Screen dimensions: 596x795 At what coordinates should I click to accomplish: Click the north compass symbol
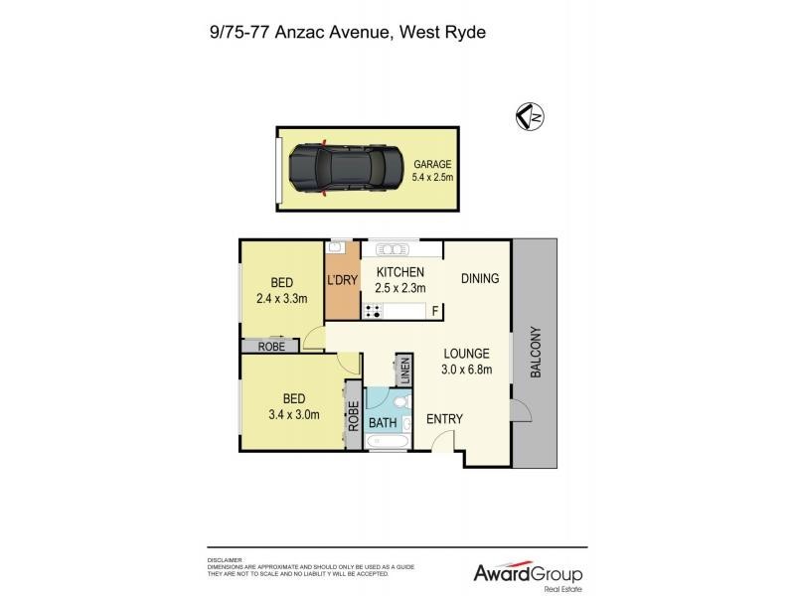click(533, 116)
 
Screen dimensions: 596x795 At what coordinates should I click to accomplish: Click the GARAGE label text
click(432, 164)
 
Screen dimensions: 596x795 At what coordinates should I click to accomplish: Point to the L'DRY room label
click(342, 280)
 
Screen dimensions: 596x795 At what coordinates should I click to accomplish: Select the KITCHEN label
click(399, 272)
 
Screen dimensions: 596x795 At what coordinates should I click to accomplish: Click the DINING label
click(480, 279)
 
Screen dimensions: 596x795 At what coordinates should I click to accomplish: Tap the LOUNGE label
click(465, 353)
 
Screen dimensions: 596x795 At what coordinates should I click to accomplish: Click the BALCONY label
click(535, 353)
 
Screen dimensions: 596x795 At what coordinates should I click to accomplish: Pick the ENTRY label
click(444, 419)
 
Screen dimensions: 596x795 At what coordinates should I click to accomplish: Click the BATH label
click(383, 423)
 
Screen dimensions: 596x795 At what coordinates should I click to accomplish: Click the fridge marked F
click(434, 311)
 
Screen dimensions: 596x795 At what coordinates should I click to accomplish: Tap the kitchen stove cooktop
click(374, 311)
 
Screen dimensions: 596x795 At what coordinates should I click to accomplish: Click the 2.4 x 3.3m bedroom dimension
click(282, 298)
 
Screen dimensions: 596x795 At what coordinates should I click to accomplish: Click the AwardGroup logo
click(527, 574)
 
